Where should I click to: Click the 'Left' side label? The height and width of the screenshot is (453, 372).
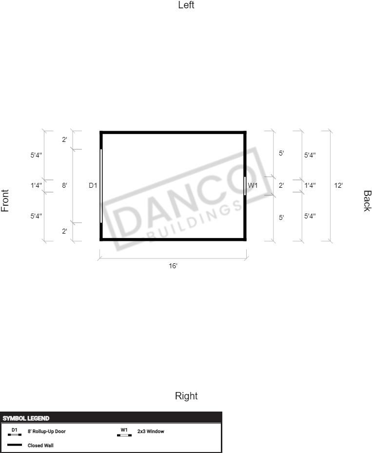tap(186, 5)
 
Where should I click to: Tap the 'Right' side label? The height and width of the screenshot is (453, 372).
tap(186, 396)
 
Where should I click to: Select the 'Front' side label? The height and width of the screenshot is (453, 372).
tap(5, 200)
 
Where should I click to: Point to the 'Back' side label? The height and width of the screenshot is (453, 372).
tap(367, 201)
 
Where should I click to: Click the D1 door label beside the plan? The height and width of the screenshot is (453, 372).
tap(93, 185)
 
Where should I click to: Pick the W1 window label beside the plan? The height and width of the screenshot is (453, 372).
tap(253, 185)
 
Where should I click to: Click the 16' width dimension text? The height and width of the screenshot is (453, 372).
tap(173, 266)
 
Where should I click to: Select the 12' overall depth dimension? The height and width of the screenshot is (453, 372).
tap(338, 185)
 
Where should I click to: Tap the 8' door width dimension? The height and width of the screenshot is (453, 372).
tap(64, 185)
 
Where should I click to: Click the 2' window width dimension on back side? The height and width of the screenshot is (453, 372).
tap(281, 185)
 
